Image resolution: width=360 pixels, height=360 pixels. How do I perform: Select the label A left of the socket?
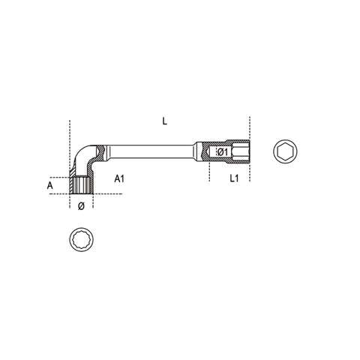tap(50, 183)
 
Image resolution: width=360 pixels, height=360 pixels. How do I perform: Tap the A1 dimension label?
tap(119, 180)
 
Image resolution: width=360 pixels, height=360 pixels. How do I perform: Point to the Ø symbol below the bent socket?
tap(82, 205)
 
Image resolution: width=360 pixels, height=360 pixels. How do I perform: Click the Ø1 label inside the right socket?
tap(221, 153)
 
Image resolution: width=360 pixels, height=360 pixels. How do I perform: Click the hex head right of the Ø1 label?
tap(238, 152)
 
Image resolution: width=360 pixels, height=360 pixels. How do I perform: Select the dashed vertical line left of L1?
tap(209, 169)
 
